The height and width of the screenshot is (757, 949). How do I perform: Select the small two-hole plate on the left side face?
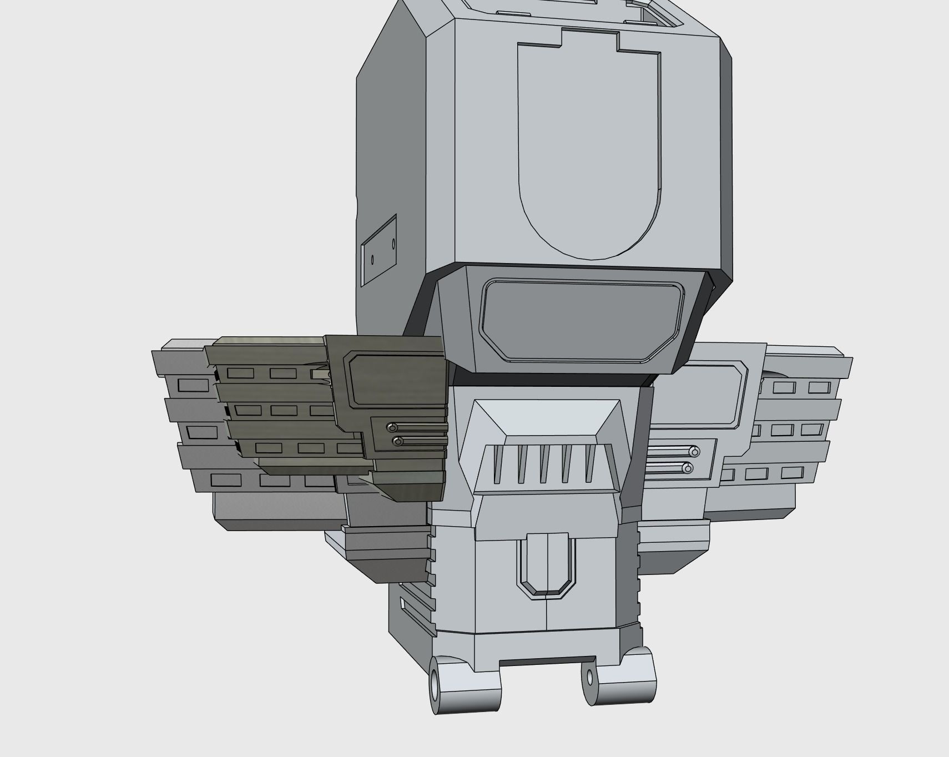tap(379, 250)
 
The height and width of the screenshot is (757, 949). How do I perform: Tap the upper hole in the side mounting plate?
tap(393, 243)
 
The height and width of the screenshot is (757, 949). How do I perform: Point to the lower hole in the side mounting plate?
tap(372, 259)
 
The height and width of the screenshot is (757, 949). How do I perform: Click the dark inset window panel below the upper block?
tap(582, 321)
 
